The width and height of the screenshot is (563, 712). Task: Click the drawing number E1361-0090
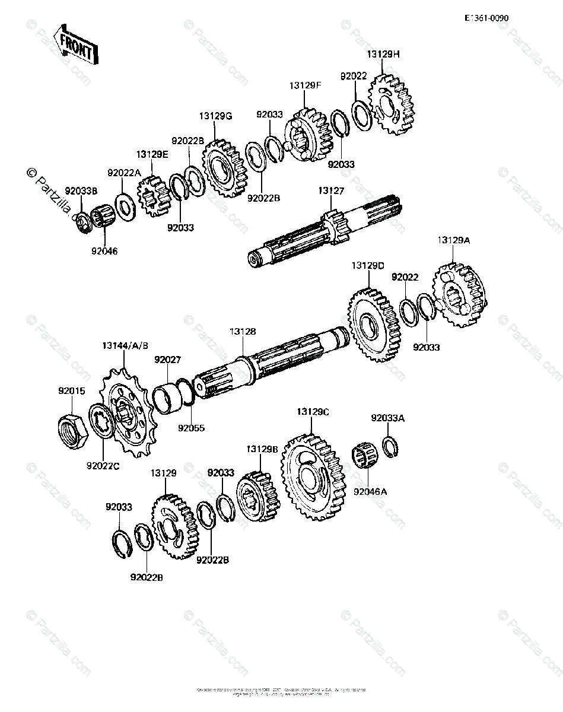click(486, 18)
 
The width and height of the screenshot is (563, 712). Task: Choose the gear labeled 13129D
click(373, 323)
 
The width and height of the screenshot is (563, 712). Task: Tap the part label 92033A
click(388, 418)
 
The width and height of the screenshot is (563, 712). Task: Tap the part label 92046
click(104, 251)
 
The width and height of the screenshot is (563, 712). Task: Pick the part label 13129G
click(215, 116)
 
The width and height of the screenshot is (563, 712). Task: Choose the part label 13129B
click(262, 449)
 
